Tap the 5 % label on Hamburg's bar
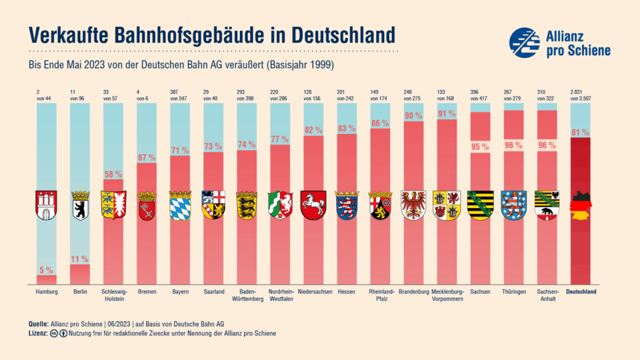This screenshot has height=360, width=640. tap(46, 270)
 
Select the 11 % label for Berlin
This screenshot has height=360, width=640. tap(79, 259)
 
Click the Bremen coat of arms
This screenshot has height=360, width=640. tap(146, 205)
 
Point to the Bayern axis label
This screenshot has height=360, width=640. tap(179, 292)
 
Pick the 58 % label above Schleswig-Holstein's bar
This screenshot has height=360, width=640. tap(113, 174)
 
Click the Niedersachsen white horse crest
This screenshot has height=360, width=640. tap(313, 205)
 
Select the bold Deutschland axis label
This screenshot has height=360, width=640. tap(581, 292)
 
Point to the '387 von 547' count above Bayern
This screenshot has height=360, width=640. tap(179, 95)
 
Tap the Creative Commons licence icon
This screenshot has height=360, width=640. tap(53, 333)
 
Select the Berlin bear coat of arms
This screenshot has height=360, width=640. tap(79, 205)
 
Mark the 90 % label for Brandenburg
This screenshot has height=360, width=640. tap(413, 115)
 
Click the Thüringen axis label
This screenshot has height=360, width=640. tap(513, 292)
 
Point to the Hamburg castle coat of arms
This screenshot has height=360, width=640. tap(46, 205)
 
